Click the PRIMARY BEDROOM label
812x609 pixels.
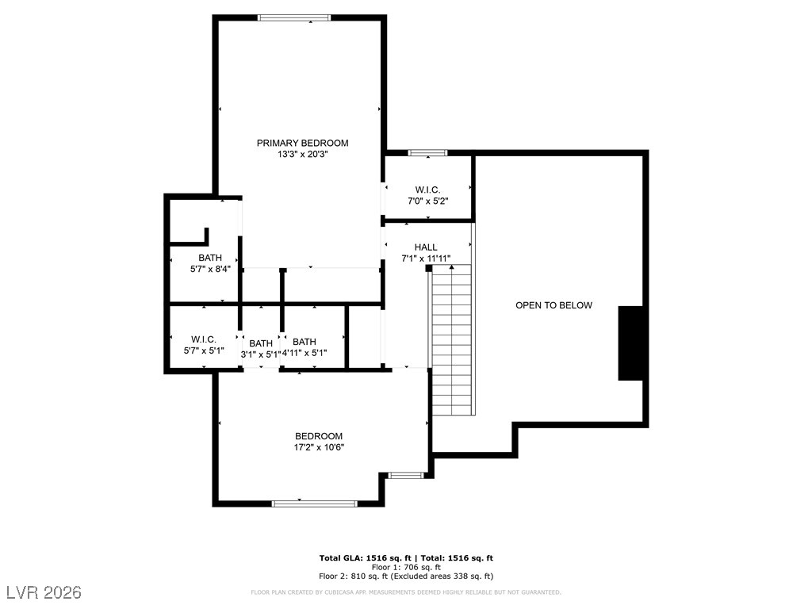click(302, 143)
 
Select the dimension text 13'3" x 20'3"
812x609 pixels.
click(302, 155)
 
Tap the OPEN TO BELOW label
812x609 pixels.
click(553, 305)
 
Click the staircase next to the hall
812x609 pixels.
click(453, 341)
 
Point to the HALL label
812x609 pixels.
click(426, 247)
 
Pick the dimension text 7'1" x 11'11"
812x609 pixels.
click(426, 259)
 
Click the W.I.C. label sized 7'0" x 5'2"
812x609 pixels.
click(427, 190)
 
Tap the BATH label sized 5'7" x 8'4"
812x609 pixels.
click(210, 258)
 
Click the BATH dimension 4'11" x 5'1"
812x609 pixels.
click(304, 354)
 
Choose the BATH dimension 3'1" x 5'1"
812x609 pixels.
click(260, 354)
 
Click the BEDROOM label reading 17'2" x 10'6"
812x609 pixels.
click(319, 436)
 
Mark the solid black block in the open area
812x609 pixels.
click(630, 343)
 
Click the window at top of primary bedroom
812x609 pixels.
click(294, 17)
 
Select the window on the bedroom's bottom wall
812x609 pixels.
click(315, 503)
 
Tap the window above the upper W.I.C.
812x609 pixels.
click(427, 152)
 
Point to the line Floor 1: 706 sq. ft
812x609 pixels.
click(406, 568)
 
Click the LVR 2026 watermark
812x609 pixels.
click(45, 592)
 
